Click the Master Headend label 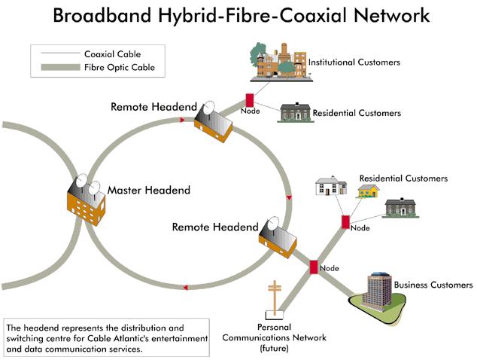(x=149, y=190)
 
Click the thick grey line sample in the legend (x=57, y=68)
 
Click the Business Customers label (x=433, y=285)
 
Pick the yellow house (x=368, y=191)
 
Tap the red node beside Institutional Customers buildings (x=249, y=100)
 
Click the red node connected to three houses (x=345, y=222)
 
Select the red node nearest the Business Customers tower (x=314, y=267)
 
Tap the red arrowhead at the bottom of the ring (x=185, y=287)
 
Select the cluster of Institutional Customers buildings (x=277, y=60)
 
